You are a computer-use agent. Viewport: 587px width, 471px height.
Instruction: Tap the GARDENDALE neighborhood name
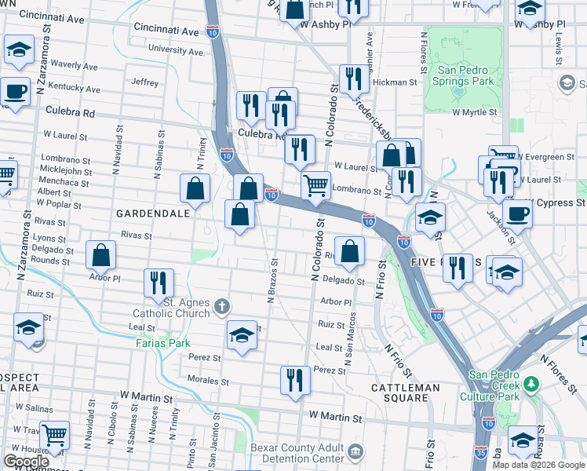pyautogui.click(x=153, y=213)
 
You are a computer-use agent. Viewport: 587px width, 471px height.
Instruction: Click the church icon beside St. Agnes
pyautogui.click(x=222, y=306)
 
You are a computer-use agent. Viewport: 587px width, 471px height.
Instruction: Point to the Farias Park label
pyautogui.click(x=162, y=343)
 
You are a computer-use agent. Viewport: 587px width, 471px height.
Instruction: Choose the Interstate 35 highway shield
pyautogui.click(x=480, y=455)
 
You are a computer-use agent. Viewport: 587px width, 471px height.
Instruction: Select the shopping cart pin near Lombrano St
pyautogui.click(x=315, y=186)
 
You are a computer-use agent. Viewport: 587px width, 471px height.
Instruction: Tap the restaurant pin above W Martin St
pyautogui.click(x=295, y=380)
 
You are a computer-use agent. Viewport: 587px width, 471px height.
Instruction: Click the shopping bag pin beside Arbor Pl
pyautogui.click(x=100, y=254)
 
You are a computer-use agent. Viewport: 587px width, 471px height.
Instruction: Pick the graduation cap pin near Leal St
pyautogui.click(x=242, y=334)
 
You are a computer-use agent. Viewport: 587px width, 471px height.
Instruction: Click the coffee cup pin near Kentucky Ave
pyautogui.click(x=15, y=90)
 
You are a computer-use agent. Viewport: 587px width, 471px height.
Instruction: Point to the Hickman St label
pyautogui.click(x=395, y=82)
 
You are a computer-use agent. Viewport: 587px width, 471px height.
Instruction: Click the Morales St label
pyautogui.click(x=208, y=382)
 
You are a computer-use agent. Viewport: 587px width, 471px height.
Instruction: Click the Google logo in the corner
pyautogui.click(x=27, y=462)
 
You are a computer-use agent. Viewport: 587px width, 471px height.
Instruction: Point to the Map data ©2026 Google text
pyautogui.click(x=538, y=465)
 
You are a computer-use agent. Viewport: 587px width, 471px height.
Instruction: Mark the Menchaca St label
pyautogui.click(x=65, y=182)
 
